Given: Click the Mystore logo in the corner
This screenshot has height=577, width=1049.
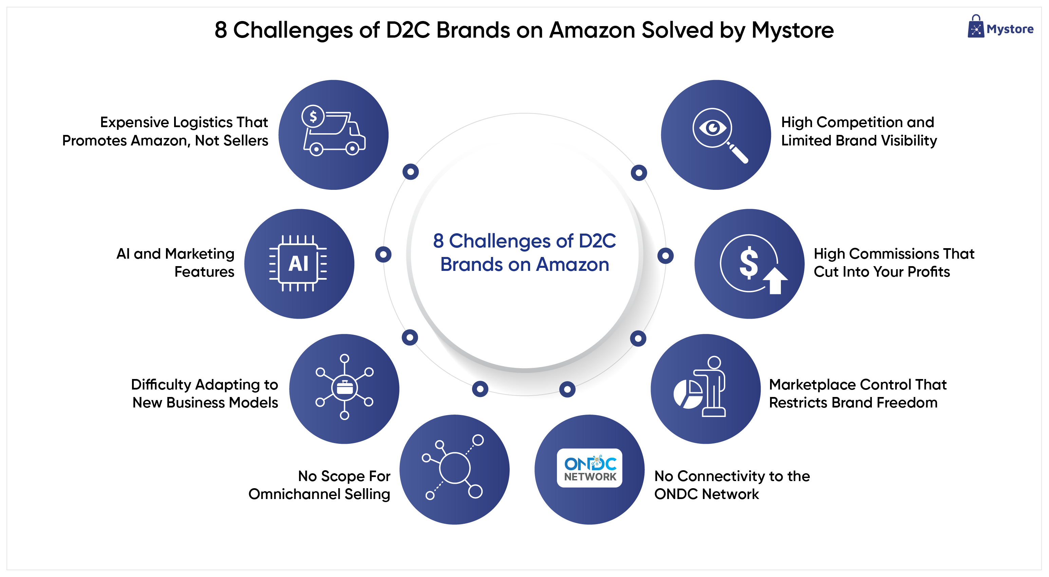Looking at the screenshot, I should [x=1000, y=28].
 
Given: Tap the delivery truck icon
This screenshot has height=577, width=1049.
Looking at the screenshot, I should [x=334, y=131].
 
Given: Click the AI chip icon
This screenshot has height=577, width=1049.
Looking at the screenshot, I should [x=299, y=263].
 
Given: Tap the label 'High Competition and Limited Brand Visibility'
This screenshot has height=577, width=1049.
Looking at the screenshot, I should [x=858, y=131].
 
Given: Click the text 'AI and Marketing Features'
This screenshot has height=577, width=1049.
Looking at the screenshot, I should [x=176, y=262].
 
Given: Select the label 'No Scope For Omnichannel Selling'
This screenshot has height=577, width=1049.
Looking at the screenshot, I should [x=319, y=485].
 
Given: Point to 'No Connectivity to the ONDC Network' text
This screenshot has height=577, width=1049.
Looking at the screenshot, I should [x=731, y=485].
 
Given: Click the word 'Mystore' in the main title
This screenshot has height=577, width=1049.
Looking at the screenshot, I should [x=792, y=30].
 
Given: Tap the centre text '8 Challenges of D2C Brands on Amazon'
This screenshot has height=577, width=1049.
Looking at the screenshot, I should [x=525, y=253].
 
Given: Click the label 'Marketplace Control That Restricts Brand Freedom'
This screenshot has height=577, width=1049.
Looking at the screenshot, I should [x=857, y=394].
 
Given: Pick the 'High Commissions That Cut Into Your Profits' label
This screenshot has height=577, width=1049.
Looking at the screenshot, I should [x=894, y=262].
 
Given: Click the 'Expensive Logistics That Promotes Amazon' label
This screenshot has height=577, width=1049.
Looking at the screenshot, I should [x=165, y=131].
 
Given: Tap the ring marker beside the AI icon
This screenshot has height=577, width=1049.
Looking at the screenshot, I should [x=383, y=255].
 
